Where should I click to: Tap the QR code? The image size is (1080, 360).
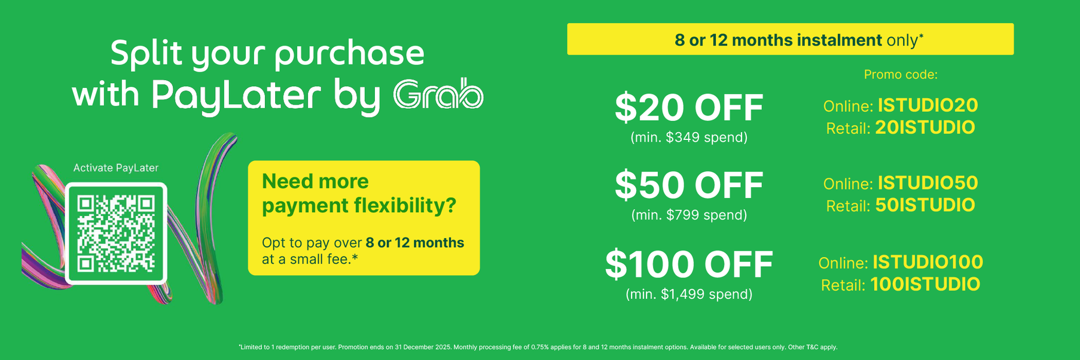[116, 233]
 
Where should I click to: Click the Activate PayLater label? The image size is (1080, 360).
[116, 168]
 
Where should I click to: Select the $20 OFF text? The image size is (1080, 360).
[689, 108]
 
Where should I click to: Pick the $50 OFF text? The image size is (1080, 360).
[689, 185]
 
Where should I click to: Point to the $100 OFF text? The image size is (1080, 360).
[689, 264]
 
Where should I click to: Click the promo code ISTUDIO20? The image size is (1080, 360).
[928, 105]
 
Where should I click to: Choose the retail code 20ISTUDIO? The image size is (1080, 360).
[925, 127]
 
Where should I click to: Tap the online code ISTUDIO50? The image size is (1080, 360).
[928, 182]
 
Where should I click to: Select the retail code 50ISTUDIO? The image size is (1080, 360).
[925, 205]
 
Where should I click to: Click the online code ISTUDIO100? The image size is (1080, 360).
[928, 262]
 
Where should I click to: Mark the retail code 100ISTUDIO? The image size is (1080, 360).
[925, 284]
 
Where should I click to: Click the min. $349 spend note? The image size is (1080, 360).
[689, 138]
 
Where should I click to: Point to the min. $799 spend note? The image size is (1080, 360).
[689, 215]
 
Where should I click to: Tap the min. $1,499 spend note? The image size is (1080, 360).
[689, 294]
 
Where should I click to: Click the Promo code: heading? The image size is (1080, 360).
[901, 75]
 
